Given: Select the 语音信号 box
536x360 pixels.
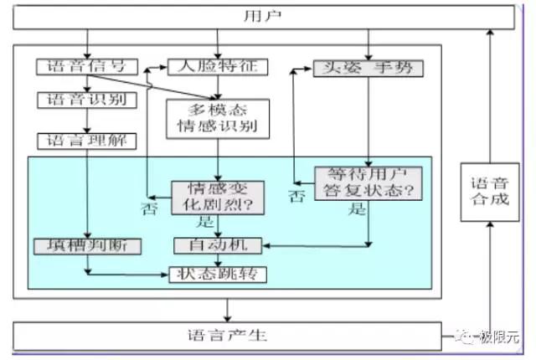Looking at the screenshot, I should tap(81, 66).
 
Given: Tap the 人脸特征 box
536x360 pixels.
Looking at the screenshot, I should tap(217, 66).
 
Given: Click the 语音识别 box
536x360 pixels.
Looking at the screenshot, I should tap(81, 100).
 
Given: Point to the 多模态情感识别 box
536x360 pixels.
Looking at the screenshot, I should tap(218, 119).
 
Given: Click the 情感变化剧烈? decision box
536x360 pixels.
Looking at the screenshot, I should tap(218, 197).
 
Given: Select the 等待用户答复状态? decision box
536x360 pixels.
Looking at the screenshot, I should tap(368, 183).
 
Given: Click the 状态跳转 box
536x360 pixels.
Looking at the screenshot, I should tap(218, 274).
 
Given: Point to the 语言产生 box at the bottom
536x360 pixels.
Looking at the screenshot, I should tap(226, 336).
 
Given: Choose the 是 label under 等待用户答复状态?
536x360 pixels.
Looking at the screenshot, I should tap(358, 210).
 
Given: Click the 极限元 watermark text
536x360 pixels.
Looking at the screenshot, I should tap(498, 337).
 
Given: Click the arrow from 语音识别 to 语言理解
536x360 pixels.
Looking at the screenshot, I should tap(87, 120).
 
